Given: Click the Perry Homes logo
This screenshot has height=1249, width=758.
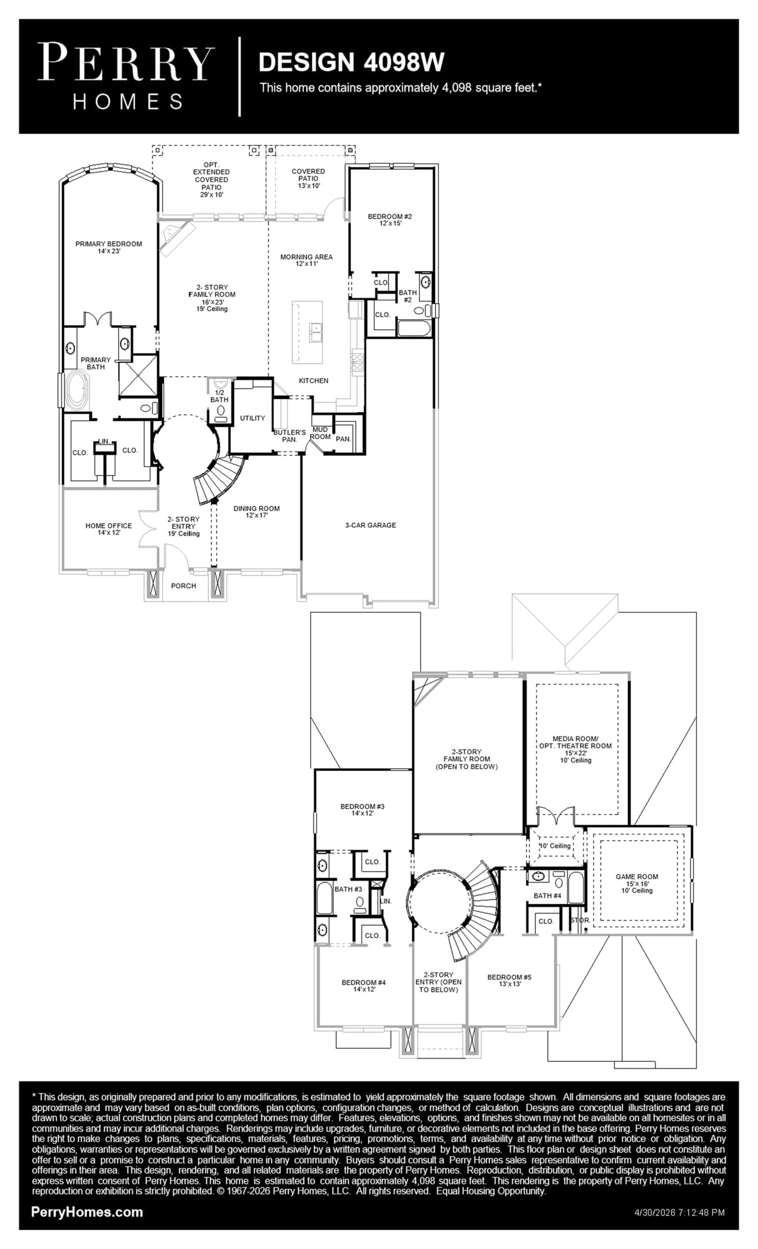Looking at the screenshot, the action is [x=126, y=77].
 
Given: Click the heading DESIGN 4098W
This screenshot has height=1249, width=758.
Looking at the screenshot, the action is [x=351, y=62].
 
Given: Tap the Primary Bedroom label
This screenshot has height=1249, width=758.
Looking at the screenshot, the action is [x=109, y=248].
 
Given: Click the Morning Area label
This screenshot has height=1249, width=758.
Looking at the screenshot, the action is [x=306, y=260].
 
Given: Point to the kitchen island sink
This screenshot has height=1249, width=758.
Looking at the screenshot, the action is [x=316, y=333].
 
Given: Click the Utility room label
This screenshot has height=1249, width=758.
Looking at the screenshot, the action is [x=252, y=418].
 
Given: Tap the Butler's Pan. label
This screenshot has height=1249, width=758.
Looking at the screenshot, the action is [x=290, y=436].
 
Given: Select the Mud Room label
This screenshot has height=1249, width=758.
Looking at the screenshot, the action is [x=320, y=433].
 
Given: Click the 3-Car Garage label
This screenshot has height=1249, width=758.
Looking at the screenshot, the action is [x=371, y=525].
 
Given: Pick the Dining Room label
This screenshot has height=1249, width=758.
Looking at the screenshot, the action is [x=256, y=512].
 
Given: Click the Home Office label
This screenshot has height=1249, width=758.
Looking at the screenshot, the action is [x=109, y=529].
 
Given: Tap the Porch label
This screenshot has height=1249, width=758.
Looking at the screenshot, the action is [x=184, y=586].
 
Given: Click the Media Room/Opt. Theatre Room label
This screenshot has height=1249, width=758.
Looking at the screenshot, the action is [x=575, y=749].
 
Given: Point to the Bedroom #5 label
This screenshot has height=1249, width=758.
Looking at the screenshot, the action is [x=509, y=980].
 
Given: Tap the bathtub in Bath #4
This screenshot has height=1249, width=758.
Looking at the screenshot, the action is [x=575, y=888].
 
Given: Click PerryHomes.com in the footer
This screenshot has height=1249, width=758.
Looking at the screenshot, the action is [x=87, y=1212].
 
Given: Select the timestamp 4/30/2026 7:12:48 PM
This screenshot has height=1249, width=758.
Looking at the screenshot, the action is [x=679, y=1212].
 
